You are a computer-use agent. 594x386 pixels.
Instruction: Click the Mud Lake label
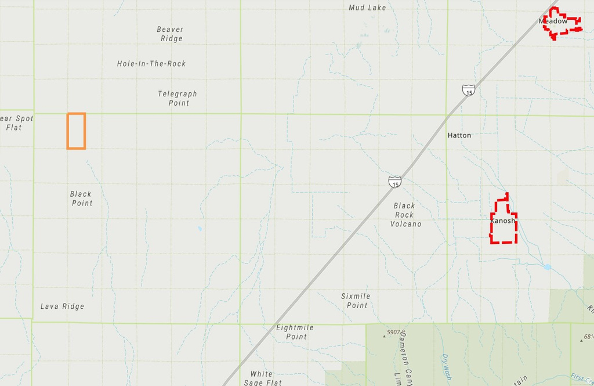click(367, 8)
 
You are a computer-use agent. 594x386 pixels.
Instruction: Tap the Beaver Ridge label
click(171, 34)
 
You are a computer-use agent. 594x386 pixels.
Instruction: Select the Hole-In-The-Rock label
click(151, 63)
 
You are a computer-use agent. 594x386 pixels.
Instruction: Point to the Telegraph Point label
click(178, 98)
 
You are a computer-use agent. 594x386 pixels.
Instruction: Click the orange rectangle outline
click(76, 131)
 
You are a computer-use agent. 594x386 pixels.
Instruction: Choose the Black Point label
click(81, 199)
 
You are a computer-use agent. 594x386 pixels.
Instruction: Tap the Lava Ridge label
click(62, 306)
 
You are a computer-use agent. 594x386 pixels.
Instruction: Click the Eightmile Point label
click(295, 332)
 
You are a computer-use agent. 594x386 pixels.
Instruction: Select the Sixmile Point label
click(356, 301)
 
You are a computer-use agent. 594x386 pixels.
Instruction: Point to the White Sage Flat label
click(262, 378)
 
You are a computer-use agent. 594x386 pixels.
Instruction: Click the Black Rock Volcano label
click(405, 215)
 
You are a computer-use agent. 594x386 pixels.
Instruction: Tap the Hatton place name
click(459, 135)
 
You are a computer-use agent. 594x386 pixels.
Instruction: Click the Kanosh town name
click(502, 221)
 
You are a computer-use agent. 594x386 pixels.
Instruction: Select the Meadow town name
click(553, 21)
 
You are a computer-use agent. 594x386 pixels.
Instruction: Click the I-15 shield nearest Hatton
click(469, 90)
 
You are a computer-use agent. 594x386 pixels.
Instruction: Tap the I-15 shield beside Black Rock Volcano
click(395, 181)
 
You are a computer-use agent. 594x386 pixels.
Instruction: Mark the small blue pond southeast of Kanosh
click(547, 267)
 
